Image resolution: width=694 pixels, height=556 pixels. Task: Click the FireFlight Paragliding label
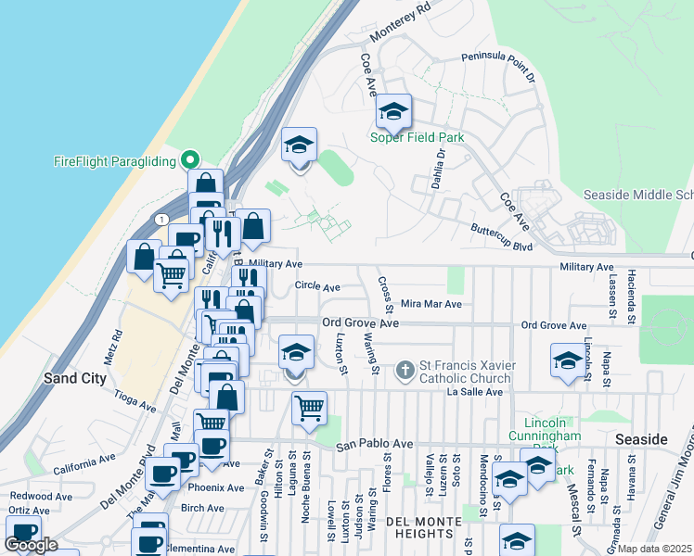[114, 161]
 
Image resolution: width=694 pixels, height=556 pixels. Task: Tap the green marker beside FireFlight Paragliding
[190, 160]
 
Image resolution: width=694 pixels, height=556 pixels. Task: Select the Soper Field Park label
[417, 138]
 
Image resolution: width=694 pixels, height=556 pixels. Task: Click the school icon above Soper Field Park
[393, 113]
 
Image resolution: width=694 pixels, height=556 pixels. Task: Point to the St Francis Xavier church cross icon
[405, 371]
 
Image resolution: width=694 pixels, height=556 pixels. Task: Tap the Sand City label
[76, 378]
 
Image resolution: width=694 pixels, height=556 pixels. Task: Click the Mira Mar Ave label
[431, 303]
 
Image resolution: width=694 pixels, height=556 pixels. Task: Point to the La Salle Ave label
[474, 392]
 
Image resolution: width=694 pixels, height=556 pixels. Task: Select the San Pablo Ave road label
[374, 445]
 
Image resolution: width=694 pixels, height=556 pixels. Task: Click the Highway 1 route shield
[163, 219]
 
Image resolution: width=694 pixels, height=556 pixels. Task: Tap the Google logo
[32, 545]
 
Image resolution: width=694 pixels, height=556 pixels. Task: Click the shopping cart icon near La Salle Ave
[309, 407]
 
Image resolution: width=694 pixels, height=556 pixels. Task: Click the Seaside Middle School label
[638, 195]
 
